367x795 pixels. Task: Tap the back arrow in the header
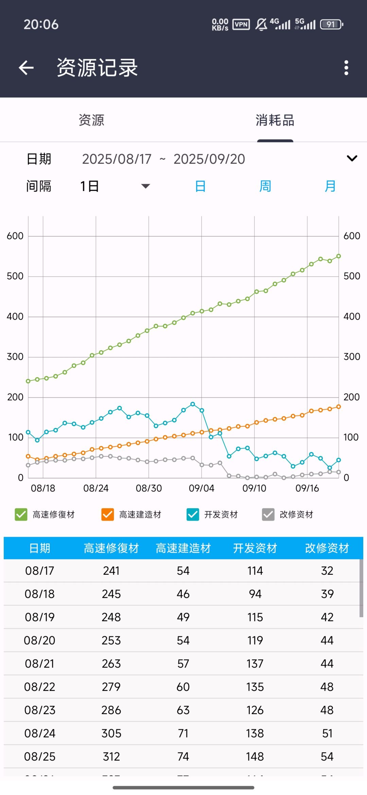click(x=26, y=68)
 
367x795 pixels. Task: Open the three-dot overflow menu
click(x=346, y=68)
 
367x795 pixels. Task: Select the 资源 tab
click(x=91, y=120)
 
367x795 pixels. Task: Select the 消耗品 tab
click(x=275, y=120)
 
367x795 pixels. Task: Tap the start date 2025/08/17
click(x=117, y=159)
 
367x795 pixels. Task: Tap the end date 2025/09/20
click(x=209, y=159)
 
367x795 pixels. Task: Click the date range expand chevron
click(x=352, y=158)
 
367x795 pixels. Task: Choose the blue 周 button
click(x=265, y=186)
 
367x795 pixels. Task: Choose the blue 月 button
click(x=330, y=186)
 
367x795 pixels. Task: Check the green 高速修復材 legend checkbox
click(x=21, y=515)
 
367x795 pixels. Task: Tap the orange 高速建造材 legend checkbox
click(x=108, y=515)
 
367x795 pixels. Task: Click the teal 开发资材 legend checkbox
click(x=193, y=515)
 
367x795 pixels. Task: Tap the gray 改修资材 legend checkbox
click(x=268, y=515)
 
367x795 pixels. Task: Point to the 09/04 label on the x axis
click(x=202, y=488)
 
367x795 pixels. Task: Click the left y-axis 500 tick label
click(x=15, y=276)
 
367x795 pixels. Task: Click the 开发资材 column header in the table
click(x=255, y=548)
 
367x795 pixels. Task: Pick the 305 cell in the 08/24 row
click(x=111, y=733)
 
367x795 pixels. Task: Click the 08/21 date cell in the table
click(x=40, y=664)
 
